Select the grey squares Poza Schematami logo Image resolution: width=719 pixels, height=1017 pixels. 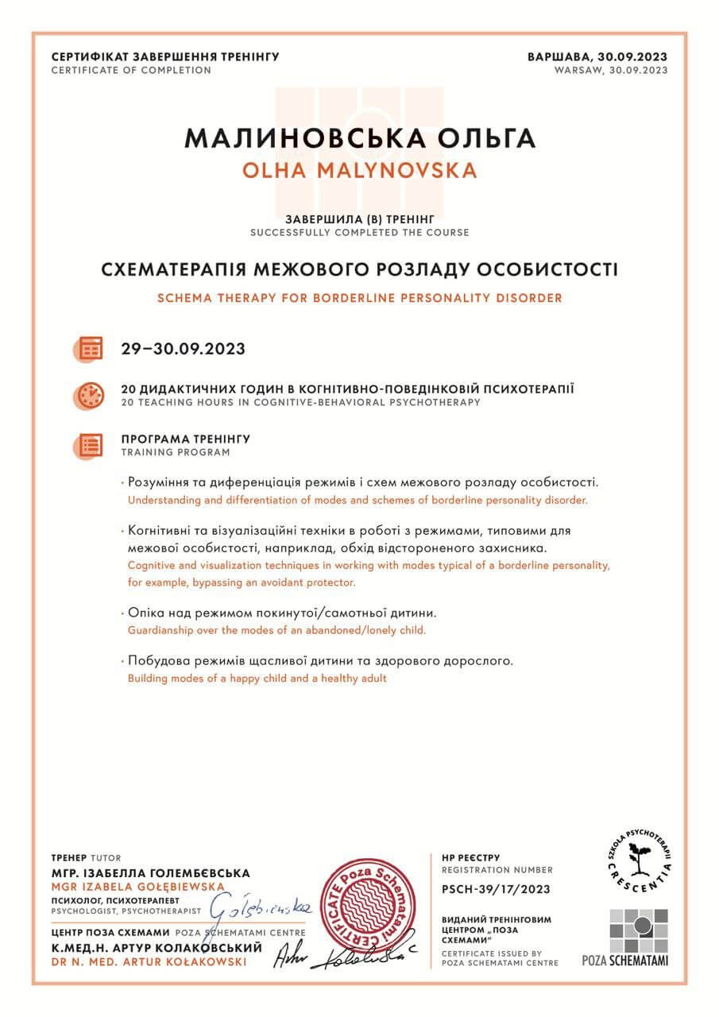[638, 930]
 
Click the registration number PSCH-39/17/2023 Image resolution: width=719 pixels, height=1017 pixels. [496, 889]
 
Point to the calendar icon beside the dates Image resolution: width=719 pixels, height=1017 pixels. [91, 348]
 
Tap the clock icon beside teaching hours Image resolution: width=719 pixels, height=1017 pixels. [91, 395]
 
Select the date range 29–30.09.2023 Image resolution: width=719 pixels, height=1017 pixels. [183, 349]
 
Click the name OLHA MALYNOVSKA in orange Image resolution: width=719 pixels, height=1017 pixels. [359, 170]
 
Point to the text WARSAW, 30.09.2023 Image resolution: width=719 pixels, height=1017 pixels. [611, 70]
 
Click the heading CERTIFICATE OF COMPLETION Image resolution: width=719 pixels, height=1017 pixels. [131, 70]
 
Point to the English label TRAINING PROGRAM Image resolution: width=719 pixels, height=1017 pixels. [175, 452]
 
